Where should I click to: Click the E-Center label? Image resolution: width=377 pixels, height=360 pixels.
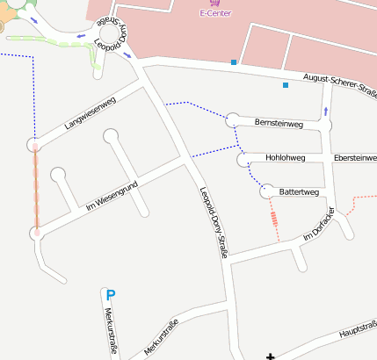(215, 14)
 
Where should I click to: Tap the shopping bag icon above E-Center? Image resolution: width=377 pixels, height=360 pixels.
(215, 4)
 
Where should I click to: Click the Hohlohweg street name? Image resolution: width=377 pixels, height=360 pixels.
(285, 159)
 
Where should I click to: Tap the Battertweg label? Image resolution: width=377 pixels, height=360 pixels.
(296, 191)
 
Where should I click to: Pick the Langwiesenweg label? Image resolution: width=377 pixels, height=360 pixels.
(91, 114)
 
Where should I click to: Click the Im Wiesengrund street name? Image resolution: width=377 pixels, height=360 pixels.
(113, 193)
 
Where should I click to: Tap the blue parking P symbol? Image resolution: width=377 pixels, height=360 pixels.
(110, 296)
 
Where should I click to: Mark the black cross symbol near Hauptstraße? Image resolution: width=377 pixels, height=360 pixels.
(270, 355)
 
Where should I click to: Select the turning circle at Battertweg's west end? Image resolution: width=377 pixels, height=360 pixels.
(265, 191)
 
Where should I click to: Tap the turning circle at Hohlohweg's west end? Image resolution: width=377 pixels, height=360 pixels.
(244, 159)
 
